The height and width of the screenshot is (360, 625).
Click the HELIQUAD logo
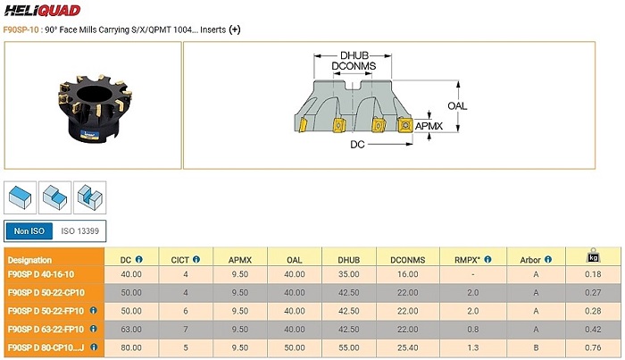[x=42, y=10]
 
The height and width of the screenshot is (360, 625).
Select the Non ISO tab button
[x=29, y=231]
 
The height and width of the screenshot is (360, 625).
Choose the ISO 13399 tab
[x=79, y=231]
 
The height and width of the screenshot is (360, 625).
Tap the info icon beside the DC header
[x=139, y=260]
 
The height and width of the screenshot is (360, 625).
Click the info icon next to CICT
[x=196, y=260]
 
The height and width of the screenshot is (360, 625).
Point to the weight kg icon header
[x=593, y=256]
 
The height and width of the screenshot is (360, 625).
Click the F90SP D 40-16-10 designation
[x=41, y=274]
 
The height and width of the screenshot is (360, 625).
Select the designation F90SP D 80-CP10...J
[x=46, y=347]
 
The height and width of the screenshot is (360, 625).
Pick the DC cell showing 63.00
[x=131, y=330]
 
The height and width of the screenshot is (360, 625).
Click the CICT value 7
[x=186, y=330]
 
